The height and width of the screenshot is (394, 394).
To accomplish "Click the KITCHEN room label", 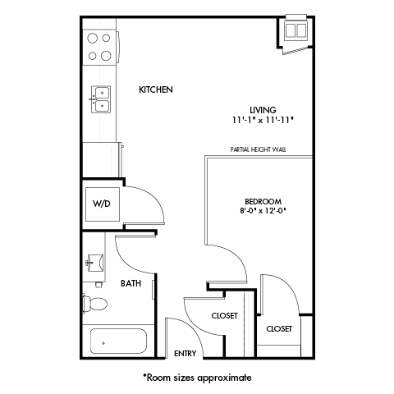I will coord(155,89).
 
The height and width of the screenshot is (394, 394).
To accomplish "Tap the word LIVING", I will coord(263,110).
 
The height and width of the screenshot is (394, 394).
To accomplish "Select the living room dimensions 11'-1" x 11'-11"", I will coord(263,120).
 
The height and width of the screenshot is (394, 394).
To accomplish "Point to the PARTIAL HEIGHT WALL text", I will coord(259,150).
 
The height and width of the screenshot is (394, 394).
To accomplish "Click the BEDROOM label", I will coord(263,201).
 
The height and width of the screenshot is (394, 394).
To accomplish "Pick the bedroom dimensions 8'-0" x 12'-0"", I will coord(263,211).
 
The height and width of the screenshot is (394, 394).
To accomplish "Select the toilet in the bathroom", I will coord(94,304).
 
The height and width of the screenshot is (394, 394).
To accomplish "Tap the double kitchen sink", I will coord(100,99).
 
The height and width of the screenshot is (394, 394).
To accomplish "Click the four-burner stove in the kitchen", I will coord(99,46).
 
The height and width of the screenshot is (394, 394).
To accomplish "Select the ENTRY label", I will coord(185,354).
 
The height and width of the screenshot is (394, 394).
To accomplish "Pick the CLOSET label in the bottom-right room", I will coord(279,328).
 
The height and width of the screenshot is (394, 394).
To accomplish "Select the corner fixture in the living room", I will coord(294,33).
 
